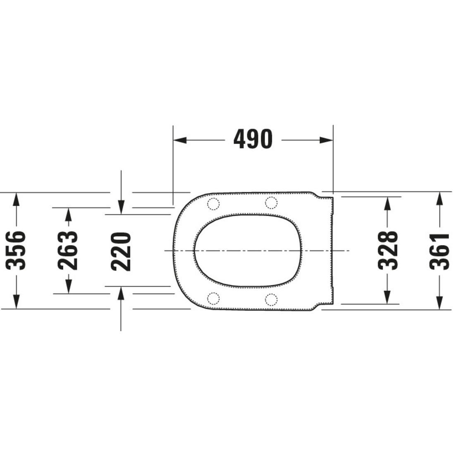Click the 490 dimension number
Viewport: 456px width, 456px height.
coord(253,139)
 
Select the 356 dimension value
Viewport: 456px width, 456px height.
coord(17,251)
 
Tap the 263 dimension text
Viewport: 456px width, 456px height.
coord(68,251)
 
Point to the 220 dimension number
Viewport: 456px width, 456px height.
coord(121,251)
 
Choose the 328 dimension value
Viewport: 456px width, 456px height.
coord(387,251)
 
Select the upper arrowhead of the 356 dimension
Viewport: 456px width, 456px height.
coord(17,200)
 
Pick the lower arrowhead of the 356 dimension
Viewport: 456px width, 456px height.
coord(17,301)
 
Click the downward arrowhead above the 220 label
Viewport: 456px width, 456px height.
coord(121,207)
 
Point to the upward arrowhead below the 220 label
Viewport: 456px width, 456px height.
coord(121,293)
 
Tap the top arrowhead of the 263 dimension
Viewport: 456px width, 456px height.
coord(68,214)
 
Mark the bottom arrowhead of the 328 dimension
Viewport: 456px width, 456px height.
coord(387,297)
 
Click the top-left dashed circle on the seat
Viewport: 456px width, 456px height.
coord(213,203)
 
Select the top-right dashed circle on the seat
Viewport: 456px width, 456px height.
coord(271,203)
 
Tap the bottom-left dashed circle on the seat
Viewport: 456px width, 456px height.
coord(213,298)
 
